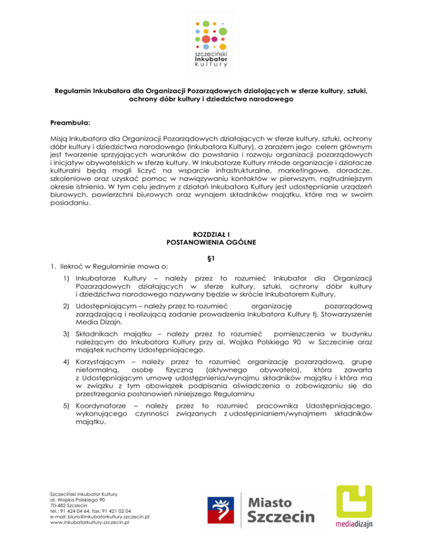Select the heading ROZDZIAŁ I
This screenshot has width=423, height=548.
click(x=211, y=234)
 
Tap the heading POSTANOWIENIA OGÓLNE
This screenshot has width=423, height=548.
click(x=211, y=242)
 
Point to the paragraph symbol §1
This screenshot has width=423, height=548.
click(x=211, y=257)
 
